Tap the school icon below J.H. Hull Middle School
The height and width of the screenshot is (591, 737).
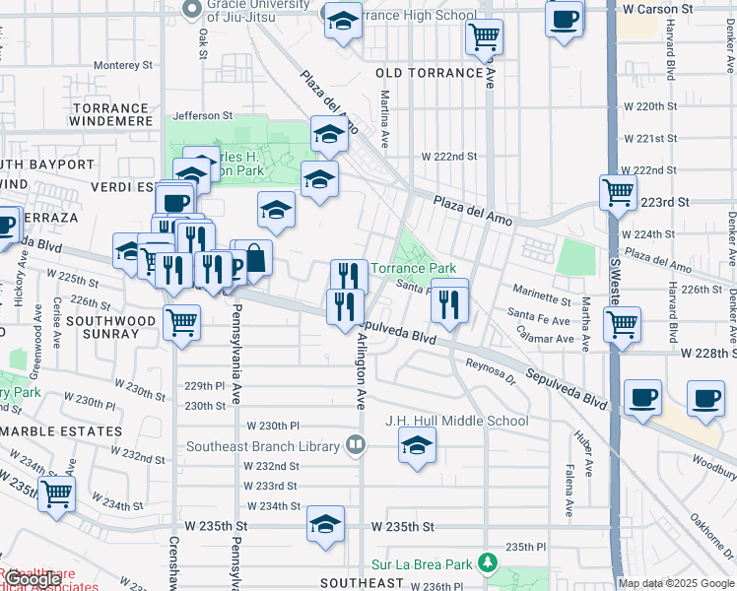(x=418, y=447)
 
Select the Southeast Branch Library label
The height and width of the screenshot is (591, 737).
(x=263, y=446)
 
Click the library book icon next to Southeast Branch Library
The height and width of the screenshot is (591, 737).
(x=355, y=445)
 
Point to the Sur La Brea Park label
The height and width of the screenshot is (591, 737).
(x=423, y=564)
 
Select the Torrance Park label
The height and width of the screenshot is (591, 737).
(x=413, y=268)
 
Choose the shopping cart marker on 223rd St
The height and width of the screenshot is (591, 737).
(x=618, y=192)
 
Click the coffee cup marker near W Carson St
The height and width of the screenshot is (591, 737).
(x=564, y=19)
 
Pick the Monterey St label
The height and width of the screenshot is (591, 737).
(x=123, y=66)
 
